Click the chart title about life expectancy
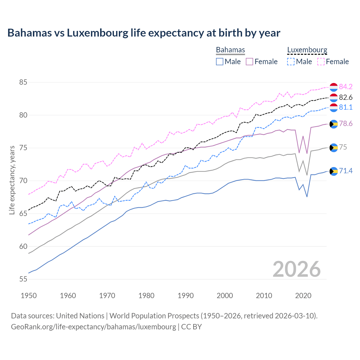(x=144, y=33)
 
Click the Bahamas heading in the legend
(x=230, y=50)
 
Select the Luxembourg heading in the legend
(x=307, y=50)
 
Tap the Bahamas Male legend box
(x=220, y=62)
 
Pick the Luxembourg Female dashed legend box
(x=321, y=62)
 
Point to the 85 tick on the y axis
(x=23, y=82)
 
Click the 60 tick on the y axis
(x=23, y=246)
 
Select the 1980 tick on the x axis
(x=146, y=296)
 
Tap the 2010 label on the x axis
(x=264, y=296)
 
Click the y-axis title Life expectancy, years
(x=12, y=180)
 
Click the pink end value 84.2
(x=346, y=87)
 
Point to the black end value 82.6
(x=346, y=97)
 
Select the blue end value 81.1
(x=346, y=107)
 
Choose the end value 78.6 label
(x=346, y=124)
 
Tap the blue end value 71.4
(x=346, y=171)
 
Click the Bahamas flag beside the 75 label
(x=334, y=147)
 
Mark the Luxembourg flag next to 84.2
(x=334, y=87)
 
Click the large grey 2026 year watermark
(x=296, y=269)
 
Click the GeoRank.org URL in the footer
(x=93, y=327)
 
